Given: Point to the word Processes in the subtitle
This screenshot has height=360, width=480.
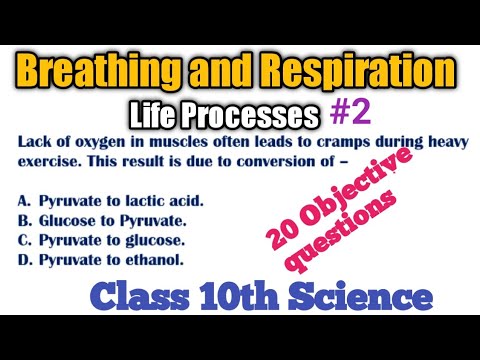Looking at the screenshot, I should [256, 112].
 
